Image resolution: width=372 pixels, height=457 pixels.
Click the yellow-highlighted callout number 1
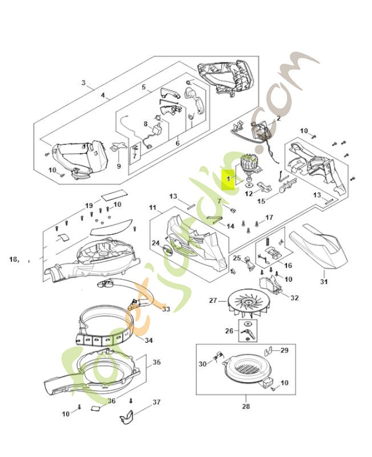point(228,179)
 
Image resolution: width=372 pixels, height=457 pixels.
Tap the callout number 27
point(213,300)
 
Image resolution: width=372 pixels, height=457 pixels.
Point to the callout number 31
point(324,280)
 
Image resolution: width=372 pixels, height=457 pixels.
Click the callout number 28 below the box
point(245,406)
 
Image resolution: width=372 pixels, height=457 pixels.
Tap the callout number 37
point(156,403)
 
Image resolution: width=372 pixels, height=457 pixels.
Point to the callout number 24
point(155,243)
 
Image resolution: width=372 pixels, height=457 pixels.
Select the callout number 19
point(89,205)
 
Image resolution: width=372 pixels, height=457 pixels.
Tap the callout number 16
point(288,265)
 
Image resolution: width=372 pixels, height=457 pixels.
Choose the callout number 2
point(278,118)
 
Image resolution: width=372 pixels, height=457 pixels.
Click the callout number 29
point(284,350)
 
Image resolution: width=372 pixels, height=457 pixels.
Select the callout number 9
point(119,166)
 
